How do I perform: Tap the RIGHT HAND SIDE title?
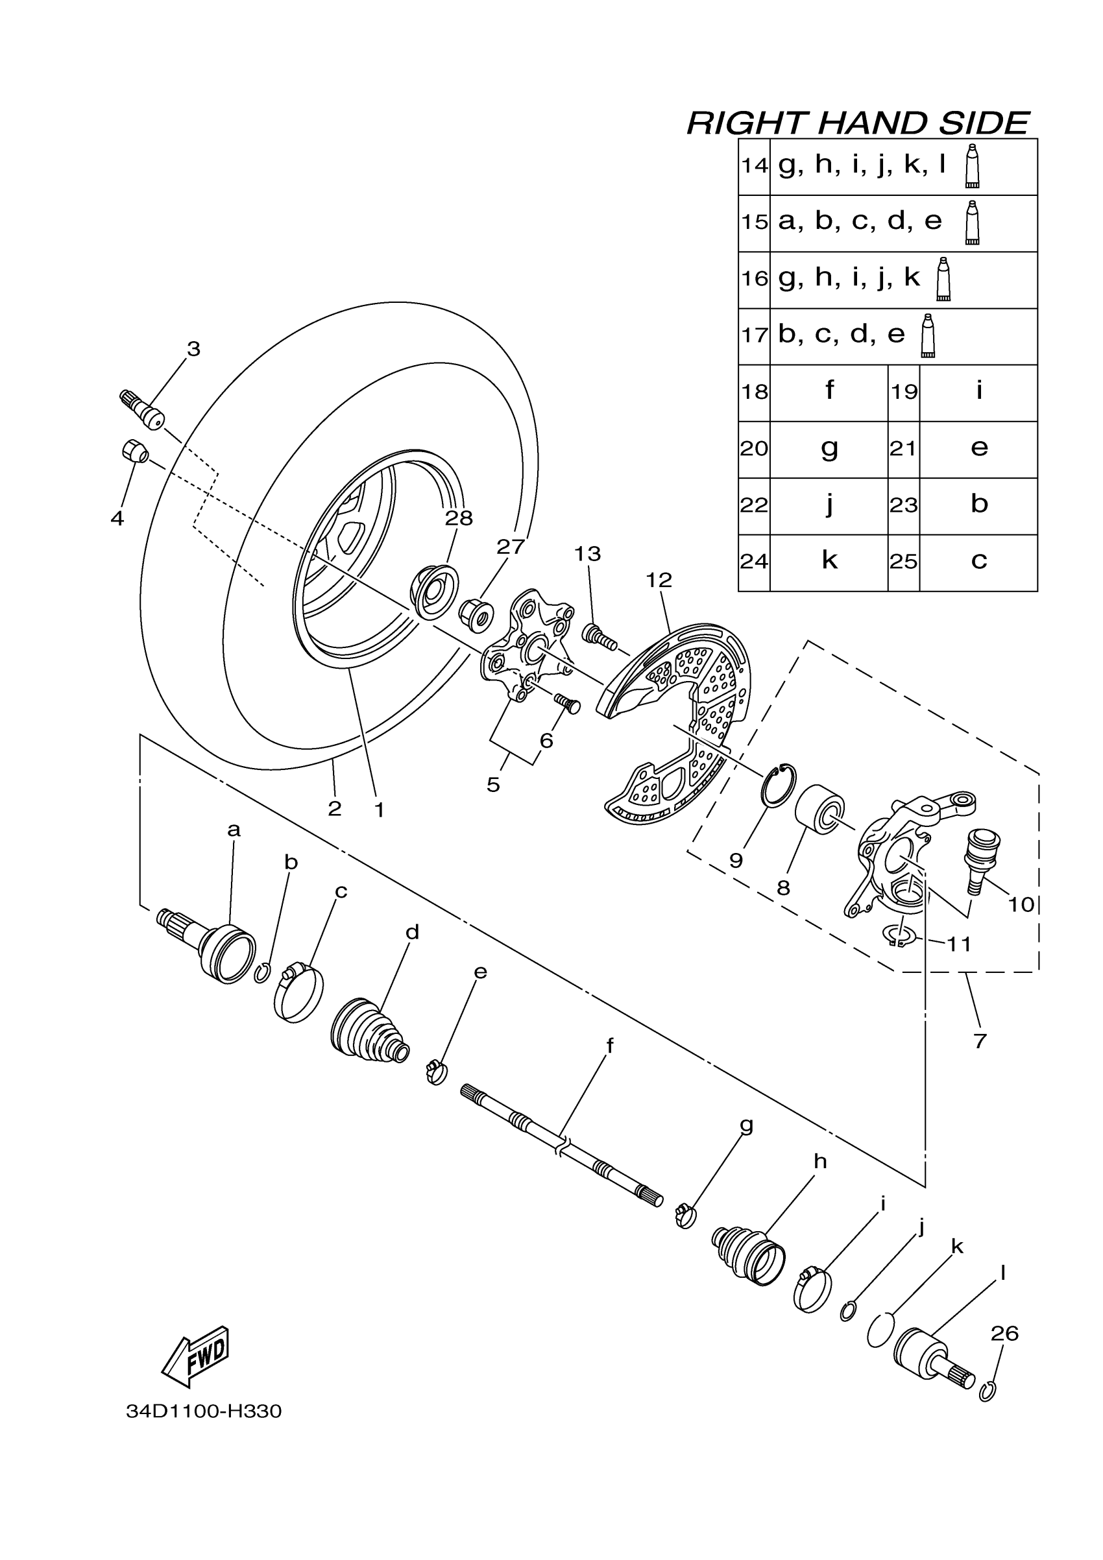(858, 123)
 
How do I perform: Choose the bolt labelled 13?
(599, 636)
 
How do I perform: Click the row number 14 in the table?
(755, 166)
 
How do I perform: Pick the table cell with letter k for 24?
(829, 561)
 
